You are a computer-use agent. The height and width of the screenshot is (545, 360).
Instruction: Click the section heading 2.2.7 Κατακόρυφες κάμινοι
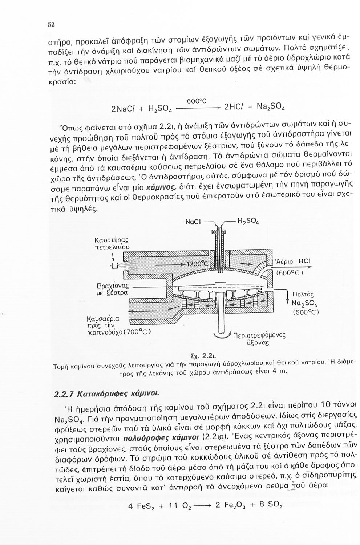[106, 394]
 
